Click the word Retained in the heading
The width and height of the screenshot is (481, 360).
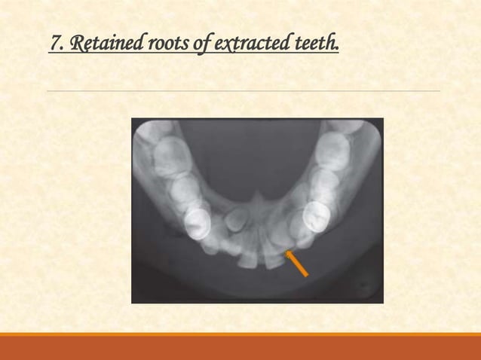click(101, 47)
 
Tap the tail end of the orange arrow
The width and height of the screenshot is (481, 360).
click(307, 276)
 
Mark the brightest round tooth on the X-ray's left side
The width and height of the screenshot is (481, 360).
click(198, 222)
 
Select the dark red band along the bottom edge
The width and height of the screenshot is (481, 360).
click(240, 348)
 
